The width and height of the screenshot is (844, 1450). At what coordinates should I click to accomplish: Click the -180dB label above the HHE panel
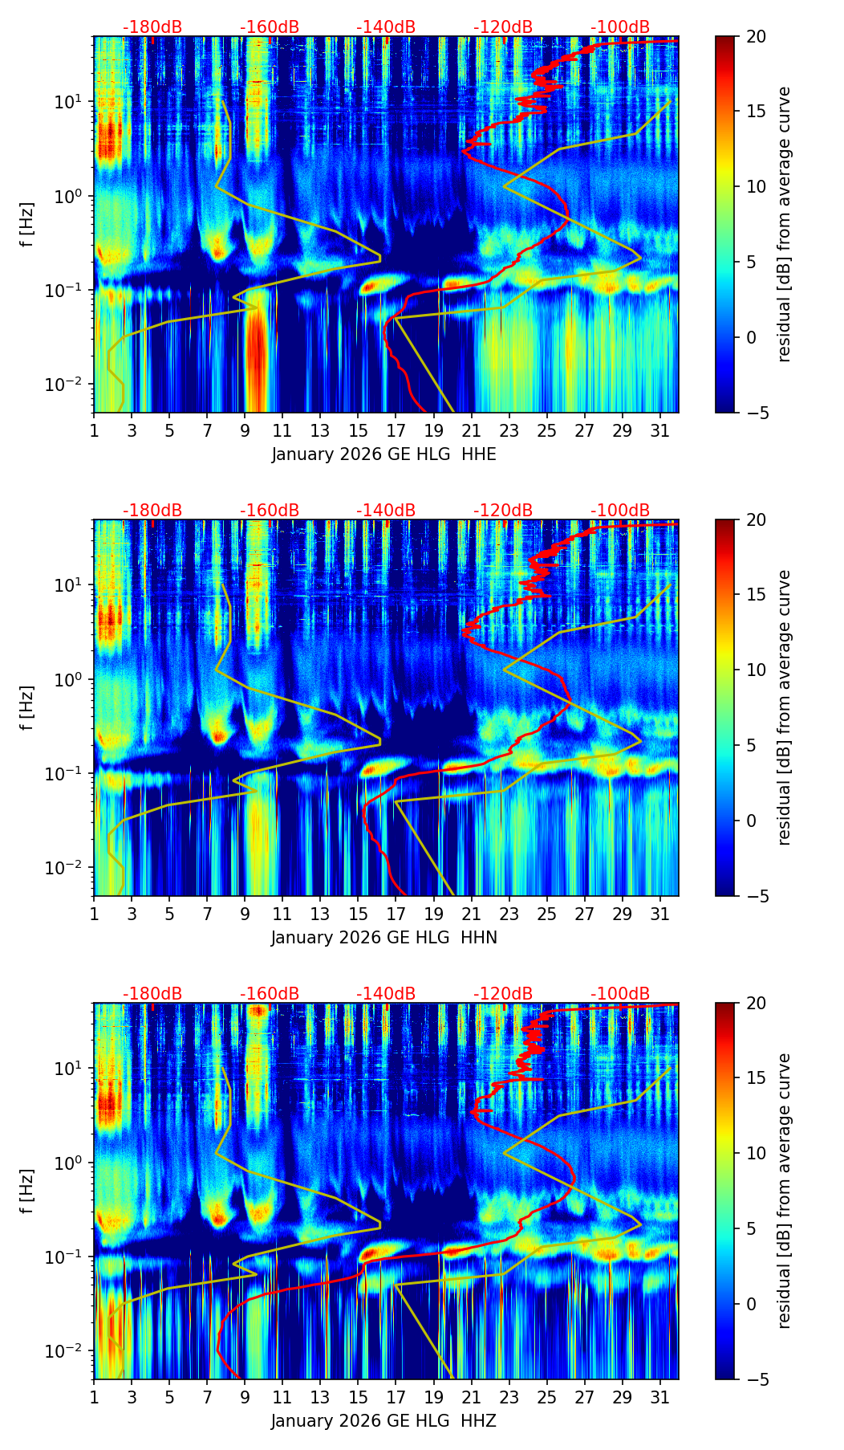coord(152,27)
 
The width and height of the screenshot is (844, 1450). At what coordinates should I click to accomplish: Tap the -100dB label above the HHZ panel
coord(620,994)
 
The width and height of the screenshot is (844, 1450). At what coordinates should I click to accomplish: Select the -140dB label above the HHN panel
coord(386,511)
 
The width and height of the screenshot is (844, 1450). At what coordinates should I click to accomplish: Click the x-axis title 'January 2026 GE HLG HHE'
coord(383,454)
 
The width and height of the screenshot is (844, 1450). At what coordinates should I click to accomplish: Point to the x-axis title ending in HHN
coord(383,938)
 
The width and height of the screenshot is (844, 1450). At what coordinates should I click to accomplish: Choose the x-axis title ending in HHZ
coord(383,1421)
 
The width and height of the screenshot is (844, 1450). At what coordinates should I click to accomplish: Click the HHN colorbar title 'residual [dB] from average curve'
coord(784,707)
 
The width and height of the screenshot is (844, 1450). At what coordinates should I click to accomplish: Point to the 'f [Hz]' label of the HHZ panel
coord(28,1191)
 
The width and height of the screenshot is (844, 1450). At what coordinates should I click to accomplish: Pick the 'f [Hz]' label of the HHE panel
coord(28,224)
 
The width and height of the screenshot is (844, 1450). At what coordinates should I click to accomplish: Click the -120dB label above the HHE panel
coord(503,27)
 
